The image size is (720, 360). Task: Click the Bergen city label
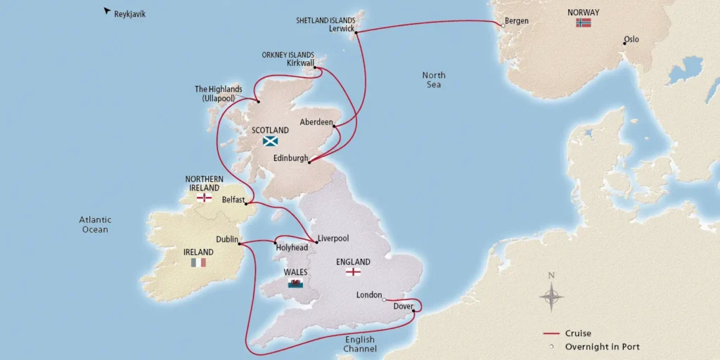point(517,21)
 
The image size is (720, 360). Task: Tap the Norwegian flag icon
point(584,22)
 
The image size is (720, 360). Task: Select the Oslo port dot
point(623,44)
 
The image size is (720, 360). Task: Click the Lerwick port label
point(342,29)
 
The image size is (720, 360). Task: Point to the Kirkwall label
point(301,63)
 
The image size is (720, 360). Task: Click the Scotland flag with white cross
point(270,141)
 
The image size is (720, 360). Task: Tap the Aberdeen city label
point(315,122)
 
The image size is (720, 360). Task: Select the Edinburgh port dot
point(309,162)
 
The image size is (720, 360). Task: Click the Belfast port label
point(233,200)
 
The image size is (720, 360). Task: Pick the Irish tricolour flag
point(198,262)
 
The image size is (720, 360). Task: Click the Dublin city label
point(228,239)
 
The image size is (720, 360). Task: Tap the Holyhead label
point(292,247)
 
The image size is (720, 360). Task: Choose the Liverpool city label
point(333,238)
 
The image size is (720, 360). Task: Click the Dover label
point(403,307)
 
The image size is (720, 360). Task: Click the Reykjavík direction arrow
point(107,11)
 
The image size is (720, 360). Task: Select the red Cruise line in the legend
point(551,333)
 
